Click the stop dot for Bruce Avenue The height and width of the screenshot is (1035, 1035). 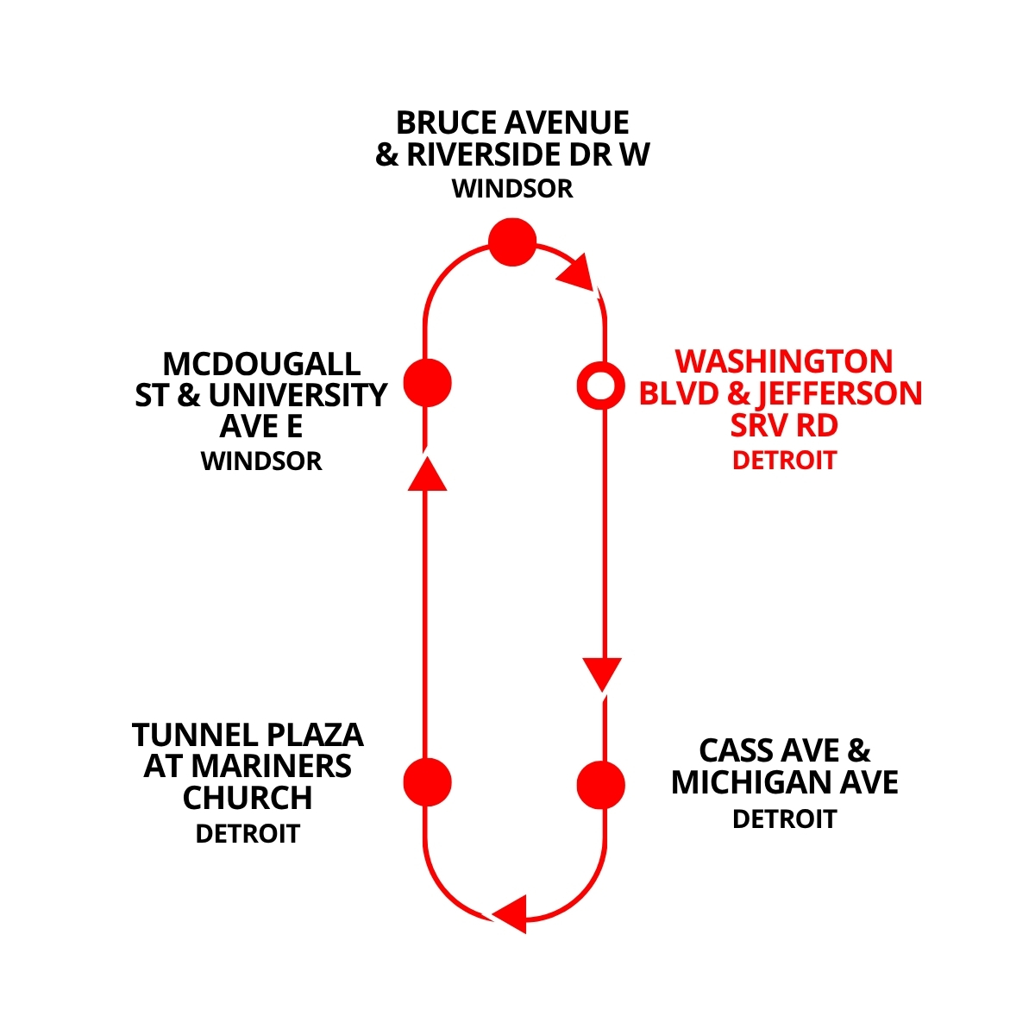point(512,241)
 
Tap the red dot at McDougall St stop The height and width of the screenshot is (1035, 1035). point(428,382)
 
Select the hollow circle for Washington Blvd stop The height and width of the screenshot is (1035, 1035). point(599,386)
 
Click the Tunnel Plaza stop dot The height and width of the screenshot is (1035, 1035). point(428,782)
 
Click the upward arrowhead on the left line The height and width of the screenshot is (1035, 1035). point(426,474)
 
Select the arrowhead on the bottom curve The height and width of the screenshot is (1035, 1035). point(511,913)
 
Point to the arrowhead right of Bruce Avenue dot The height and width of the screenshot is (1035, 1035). point(577,272)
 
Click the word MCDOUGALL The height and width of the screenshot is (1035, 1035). point(261,363)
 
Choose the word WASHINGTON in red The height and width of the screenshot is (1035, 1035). point(783,361)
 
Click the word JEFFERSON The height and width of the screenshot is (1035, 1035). point(839,393)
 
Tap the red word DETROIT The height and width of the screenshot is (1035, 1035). point(784,461)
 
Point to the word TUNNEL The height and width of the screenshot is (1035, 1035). point(184,736)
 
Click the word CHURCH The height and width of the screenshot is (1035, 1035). point(248,799)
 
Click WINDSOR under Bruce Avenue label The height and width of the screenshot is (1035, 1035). point(512,189)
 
